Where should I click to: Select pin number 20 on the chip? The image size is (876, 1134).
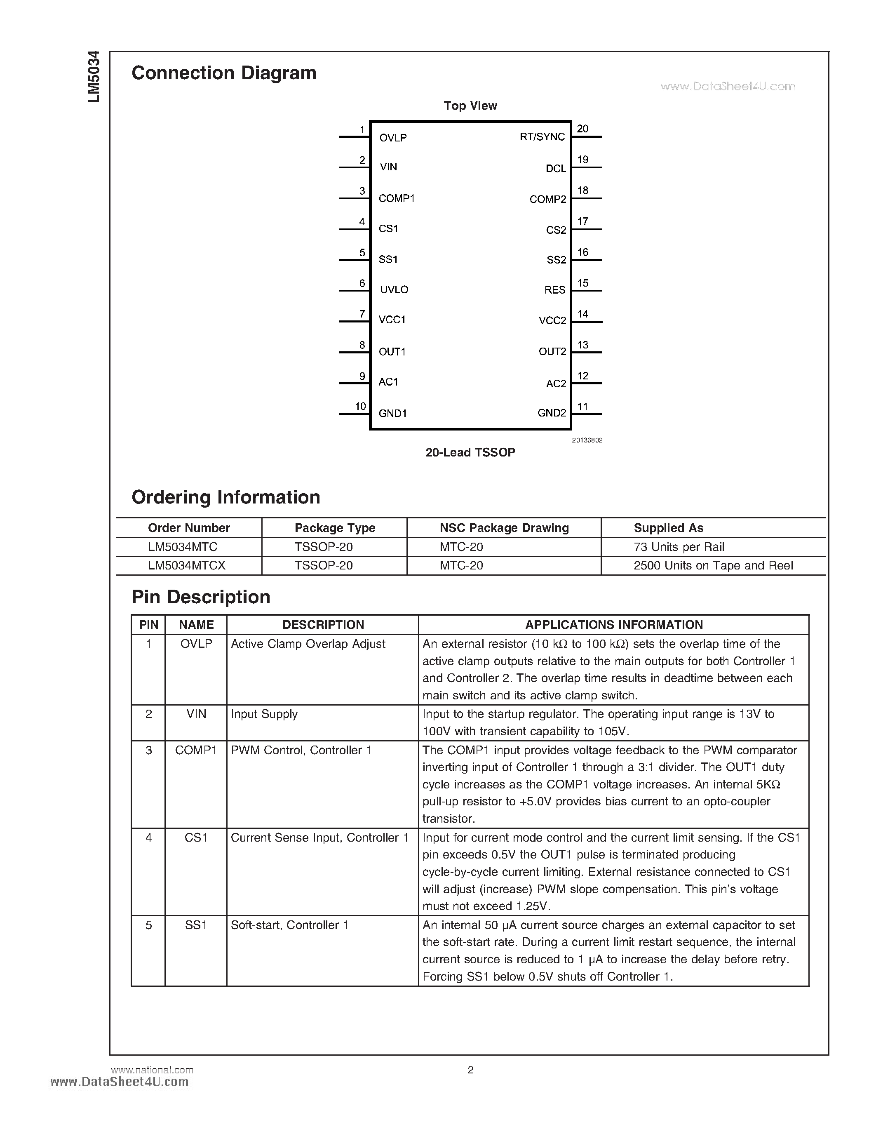pyautogui.click(x=582, y=129)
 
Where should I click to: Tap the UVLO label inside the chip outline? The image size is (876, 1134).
pyautogui.click(x=394, y=290)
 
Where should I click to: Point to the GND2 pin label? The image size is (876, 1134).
pyautogui.click(x=552, y=413)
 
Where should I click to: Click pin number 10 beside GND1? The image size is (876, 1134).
pyautogui.click(x=360, y=406)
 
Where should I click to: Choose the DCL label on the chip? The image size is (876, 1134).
pyautogui.click(x=555, y=168)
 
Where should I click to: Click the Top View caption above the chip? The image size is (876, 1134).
pyautogui.click(x=470, y=106)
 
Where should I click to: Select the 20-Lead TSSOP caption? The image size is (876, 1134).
pyautogui.click(x=470, y=452)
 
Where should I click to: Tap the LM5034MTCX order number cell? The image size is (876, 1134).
pyautogui.click(x=186, y=565)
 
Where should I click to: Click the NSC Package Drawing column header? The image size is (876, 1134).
pyautogui.click(x=504, y=528)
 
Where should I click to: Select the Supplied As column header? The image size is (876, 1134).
pyautogui.click(x=668, y=528)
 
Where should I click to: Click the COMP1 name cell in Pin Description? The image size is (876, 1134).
pyautogui.click(x=196, y=750)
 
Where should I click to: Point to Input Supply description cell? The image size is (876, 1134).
pyautogui.click(x=264, y=714)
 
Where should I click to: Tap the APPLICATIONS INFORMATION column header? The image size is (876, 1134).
pyautogui.click(x=613, y=625)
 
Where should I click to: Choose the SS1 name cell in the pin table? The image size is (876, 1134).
pyautogui.click(x=196, y=925)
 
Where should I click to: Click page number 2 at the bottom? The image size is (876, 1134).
pyautogui.click(x=470, y=1070)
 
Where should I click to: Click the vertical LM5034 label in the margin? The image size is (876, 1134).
pyautogui.click(x=94, y=77)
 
